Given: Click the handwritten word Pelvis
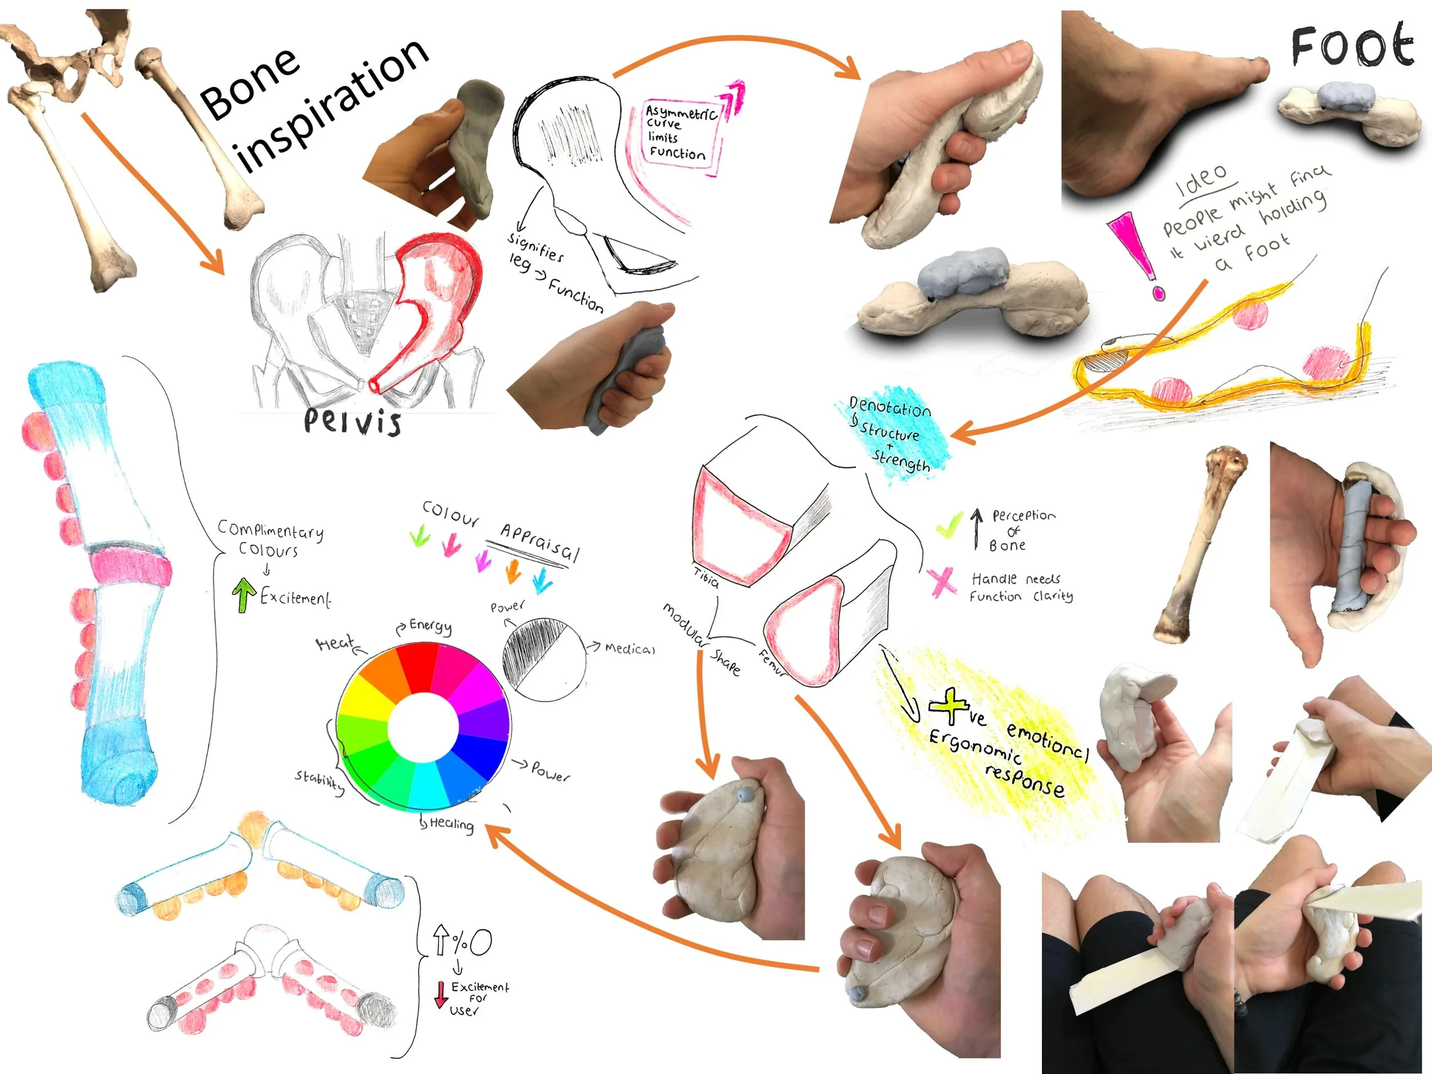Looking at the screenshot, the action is point(352,422).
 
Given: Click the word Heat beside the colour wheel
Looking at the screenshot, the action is point(335,643).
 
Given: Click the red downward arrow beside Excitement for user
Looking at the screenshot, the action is point(440,994).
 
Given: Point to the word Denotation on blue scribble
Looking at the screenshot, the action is point(890,407).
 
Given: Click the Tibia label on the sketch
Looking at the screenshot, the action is point(706,577).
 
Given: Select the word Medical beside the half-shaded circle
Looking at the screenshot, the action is point(630,648).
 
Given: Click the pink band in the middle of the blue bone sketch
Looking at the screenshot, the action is point(129,566).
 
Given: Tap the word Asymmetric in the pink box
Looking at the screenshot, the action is point(681,113).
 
